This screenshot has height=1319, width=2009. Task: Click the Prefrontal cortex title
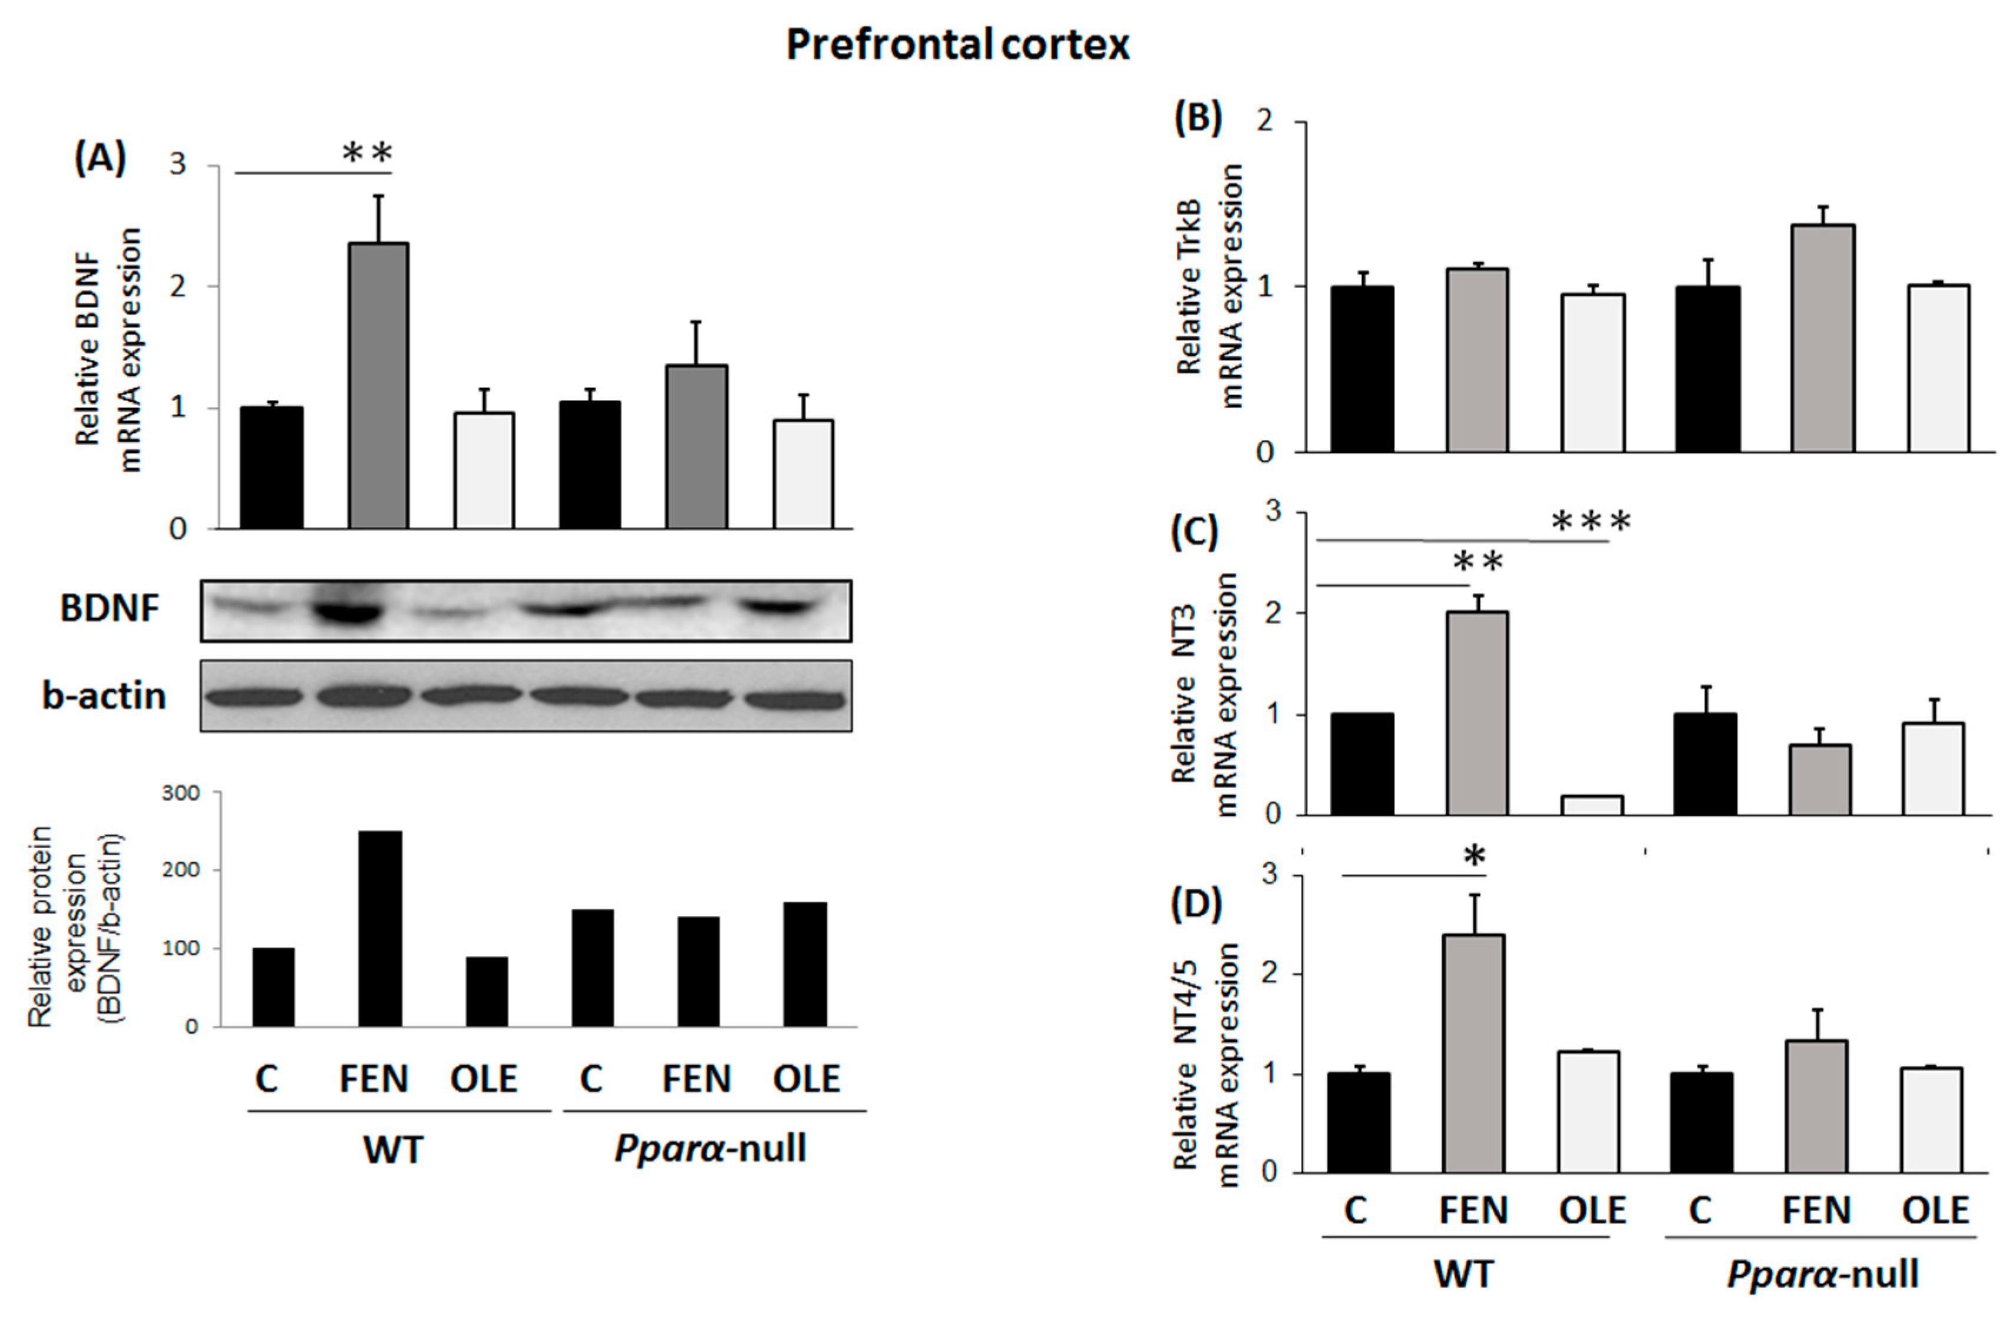957,45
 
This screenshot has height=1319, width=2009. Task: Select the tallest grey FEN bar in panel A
379,386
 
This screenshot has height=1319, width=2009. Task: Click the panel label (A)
100,157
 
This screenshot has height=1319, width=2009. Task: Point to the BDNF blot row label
109,608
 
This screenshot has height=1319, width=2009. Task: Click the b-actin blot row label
104,696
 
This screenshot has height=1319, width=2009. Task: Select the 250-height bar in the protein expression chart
380,928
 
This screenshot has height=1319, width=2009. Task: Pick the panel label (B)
1198,119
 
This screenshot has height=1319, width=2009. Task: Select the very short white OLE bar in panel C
1592,805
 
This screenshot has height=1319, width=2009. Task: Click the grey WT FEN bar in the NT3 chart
1477,713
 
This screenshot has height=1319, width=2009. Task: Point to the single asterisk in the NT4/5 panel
1474,857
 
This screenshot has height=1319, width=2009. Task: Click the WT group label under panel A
394,1149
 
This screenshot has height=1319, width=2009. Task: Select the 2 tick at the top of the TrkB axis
1264,121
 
